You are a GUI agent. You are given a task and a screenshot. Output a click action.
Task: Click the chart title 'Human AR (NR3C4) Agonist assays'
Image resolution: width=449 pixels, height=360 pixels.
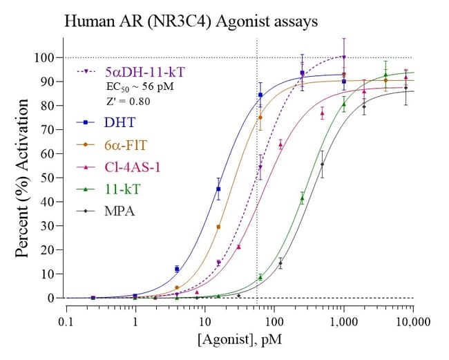tap(191, 21)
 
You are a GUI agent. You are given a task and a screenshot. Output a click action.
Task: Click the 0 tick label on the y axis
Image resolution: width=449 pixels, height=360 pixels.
tap(51, 298)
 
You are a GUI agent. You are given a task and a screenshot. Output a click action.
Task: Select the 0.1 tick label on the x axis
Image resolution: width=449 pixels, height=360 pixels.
tap(66, 321)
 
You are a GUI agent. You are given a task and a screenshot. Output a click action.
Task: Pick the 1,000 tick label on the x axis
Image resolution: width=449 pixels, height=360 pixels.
tap(343, 321)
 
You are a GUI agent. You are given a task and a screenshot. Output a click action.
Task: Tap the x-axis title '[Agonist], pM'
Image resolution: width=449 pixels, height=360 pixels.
tap(240, 341)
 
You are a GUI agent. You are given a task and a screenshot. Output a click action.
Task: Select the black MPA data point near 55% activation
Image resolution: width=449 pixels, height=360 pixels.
tap(323, 164)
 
